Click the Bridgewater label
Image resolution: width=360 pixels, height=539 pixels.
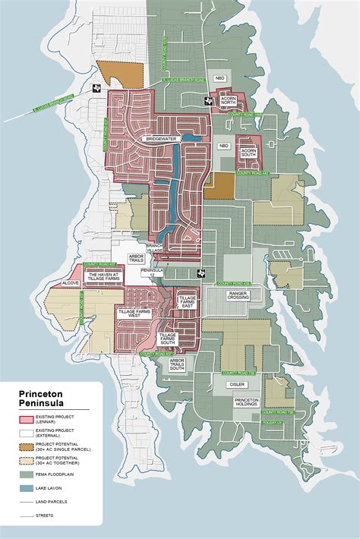click(165, 139)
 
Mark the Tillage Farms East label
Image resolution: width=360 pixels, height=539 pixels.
click(187, 302)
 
